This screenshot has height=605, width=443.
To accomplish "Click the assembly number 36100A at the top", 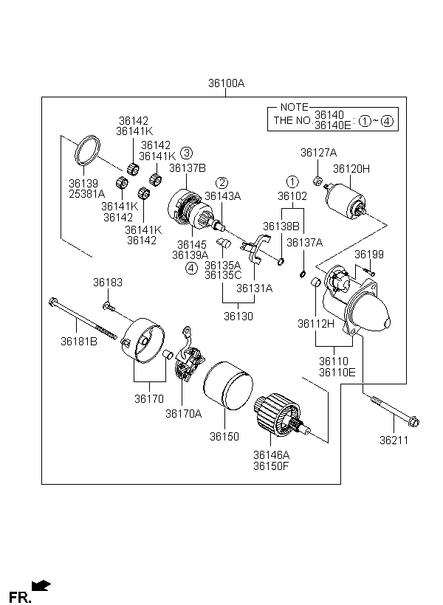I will click(226, 84).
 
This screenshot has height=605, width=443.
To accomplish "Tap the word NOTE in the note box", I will click(294, 108).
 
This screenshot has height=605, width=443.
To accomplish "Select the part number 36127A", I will click(318, 153).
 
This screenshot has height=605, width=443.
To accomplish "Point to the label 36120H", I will click(351, 169).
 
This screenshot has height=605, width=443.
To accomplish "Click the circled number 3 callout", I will click(187, 153).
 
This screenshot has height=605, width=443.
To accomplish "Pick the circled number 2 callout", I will click(221, 182).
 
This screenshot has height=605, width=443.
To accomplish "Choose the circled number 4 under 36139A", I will click(191, 268).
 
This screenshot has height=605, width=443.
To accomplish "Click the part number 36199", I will click(369, 255).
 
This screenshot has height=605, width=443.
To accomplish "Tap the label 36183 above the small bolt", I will click(108, 282).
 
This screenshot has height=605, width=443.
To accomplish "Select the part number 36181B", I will click(79, 341).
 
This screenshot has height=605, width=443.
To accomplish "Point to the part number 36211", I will click(394, 440).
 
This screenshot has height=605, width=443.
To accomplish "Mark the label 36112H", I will click(316, 323).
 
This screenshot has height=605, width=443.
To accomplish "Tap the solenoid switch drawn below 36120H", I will click(344, 199).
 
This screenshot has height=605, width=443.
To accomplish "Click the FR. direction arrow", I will click(42, 586).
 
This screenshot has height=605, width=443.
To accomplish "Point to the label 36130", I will click(238, 316).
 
